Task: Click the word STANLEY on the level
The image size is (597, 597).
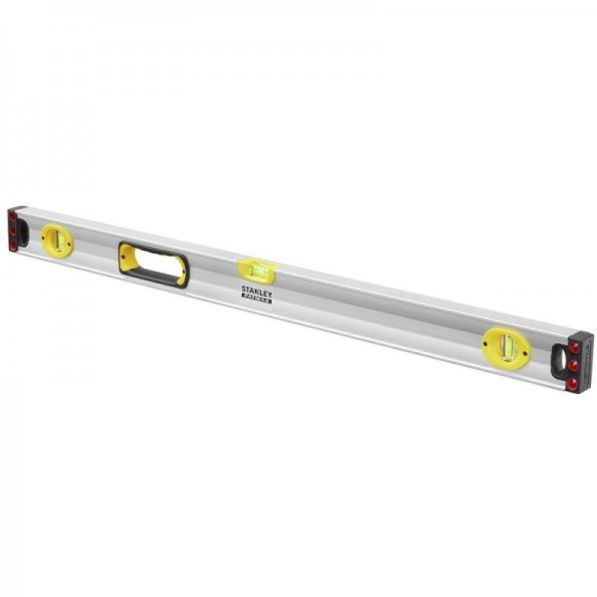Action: pos(256,290)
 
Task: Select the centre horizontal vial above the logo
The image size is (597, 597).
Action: pos(257,269)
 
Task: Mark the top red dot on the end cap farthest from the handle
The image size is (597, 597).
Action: pos(575,348)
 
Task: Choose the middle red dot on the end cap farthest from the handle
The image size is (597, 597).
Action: pos(574,364)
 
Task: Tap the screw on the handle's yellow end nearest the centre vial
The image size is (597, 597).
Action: pos(183,272)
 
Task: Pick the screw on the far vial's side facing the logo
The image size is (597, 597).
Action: pos(488,344)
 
